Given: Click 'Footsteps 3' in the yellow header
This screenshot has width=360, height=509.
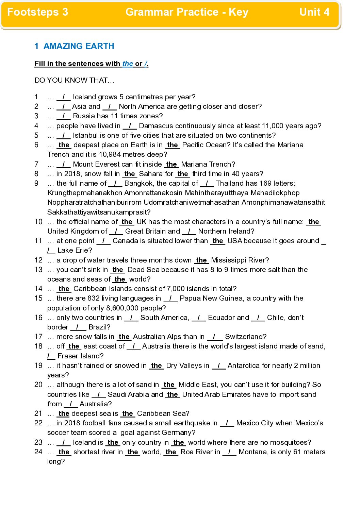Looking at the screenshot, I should click(x=38, y=12).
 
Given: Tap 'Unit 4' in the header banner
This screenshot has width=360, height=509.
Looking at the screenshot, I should click(x=314, y=12).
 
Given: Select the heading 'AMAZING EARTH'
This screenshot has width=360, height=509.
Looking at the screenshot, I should click(x=79, y=46).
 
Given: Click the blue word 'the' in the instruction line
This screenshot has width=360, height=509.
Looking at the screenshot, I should click(x=128, y=64).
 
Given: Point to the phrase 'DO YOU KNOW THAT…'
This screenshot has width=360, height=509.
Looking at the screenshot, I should click(x=74, y=80).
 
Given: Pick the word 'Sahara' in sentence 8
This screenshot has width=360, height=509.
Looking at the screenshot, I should click(x=151, y=174).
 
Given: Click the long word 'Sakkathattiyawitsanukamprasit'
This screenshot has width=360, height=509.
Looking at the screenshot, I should click(x=99, y=212).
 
